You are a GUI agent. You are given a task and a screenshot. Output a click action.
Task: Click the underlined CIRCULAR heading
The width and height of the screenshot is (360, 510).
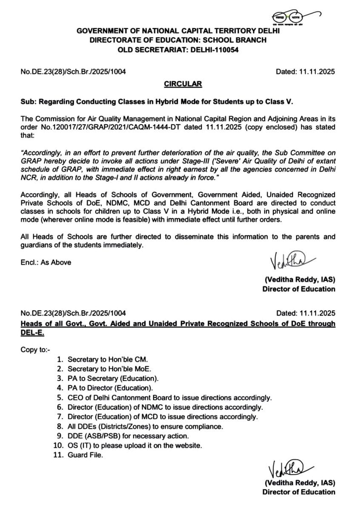pos(183,84)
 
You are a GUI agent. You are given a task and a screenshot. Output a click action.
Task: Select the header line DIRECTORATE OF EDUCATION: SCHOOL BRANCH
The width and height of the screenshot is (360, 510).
pos(178,40)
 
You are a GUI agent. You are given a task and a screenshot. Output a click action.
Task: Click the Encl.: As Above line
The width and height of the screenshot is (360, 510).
pos(46,262)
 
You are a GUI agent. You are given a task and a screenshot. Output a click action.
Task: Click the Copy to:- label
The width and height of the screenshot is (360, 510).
pos(36,350)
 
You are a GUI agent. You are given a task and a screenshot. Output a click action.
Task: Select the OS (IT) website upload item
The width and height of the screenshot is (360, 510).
pos(134,445)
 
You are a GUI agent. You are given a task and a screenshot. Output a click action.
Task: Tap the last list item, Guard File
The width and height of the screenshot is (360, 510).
pos(85,455)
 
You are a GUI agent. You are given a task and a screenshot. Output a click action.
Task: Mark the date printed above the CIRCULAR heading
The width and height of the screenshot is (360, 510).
pos(305,72)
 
